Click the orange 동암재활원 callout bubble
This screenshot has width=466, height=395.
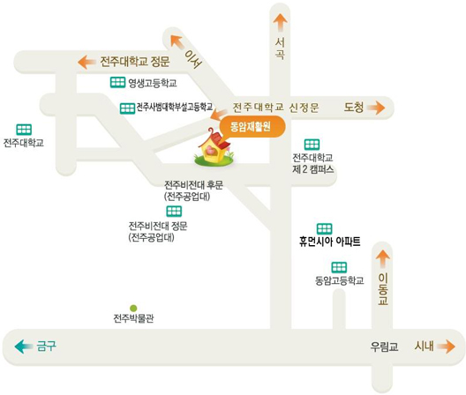pos(252,127)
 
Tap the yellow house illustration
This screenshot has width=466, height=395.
pos(214,147)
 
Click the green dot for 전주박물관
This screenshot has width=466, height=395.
pos(133,308)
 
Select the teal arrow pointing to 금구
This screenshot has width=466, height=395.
pos(24,347)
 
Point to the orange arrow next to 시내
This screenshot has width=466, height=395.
pos(446,347)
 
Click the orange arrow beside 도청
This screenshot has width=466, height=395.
pos(376,108)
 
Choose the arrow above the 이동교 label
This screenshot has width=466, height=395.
pos(383,259)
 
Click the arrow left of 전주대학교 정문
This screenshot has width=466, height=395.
pos(86,63)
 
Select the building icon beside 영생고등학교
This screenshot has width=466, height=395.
pos(117,82)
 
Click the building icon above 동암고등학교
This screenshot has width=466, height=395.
pos(339,267)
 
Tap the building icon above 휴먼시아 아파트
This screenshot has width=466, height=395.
pos(324,228)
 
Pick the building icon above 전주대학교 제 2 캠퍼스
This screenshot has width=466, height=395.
pos(312,145)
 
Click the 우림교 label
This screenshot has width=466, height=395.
pos(384,347)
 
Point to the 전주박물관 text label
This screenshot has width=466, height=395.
pos(133,318)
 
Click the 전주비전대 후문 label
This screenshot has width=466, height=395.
pos(194,185)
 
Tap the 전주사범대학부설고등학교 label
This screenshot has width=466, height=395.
pos(175,108)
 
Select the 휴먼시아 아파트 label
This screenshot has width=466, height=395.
pos(330,242)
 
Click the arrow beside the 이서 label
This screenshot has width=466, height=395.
pos(177,41)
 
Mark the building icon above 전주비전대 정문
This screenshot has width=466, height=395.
pos(174,212)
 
